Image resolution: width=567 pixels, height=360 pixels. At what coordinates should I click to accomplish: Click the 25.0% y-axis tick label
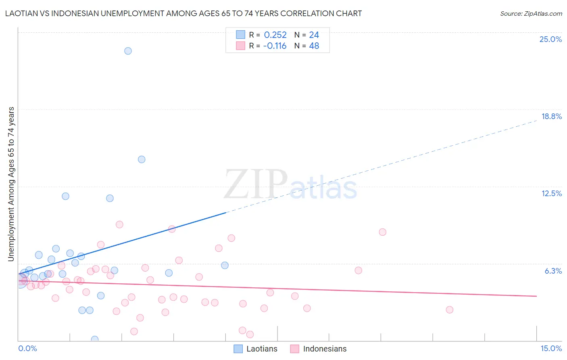pos(550,39)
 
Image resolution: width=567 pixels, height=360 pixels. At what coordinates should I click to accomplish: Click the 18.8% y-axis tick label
pos(551,116)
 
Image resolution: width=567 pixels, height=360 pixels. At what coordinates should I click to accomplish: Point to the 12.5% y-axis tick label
pos(551,193)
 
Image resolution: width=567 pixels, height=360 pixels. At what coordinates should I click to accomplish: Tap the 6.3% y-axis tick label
pos(553,271)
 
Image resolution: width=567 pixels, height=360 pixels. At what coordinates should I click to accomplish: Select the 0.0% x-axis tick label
pos(27,348)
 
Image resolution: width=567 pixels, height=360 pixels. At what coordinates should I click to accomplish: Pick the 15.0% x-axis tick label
pos(551,348)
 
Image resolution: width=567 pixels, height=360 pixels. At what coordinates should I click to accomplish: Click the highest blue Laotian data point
pos(128,51)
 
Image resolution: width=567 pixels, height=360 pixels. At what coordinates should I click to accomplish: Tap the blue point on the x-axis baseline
pos(95,339)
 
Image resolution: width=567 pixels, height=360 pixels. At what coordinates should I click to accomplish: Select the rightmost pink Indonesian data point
pos(450,310)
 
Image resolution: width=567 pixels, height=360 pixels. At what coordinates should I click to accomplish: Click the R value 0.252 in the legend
pos(275,35)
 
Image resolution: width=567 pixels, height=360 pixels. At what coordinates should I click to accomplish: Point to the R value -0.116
pos(275,46)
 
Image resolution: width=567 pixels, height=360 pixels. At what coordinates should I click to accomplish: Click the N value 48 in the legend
pos(314,46)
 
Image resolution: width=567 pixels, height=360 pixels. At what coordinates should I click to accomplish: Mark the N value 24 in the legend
pos(314,35)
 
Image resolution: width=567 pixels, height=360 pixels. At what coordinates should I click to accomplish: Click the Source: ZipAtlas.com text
pos(531,13)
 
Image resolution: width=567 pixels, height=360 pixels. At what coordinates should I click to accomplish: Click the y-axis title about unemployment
pos(11,184)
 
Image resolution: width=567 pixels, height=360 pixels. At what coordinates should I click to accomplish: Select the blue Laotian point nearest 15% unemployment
pos(142,159)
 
